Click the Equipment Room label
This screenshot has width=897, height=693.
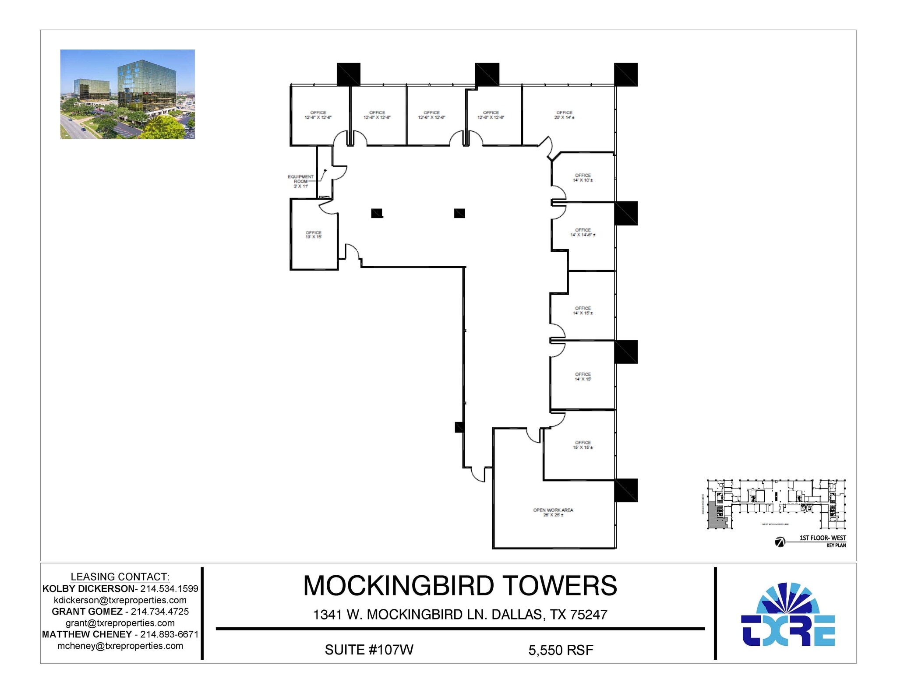pos(300,181)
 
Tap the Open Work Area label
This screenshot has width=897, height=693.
pos(553,512)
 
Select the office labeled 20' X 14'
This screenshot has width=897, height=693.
pos(564,115)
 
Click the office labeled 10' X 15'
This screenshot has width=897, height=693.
pos(313,235)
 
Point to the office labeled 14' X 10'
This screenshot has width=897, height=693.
pos(583,178)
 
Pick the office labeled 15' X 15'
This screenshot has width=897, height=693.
pos(583,445)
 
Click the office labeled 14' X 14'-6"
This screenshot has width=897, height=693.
pos(583,232)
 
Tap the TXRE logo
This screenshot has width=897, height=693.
pos(788,615)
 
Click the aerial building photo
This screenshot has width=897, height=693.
pos(127,94)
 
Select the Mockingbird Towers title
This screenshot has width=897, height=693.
pos(460,586)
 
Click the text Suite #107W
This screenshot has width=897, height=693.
pos(369,650)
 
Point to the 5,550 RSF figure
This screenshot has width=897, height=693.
pos(561,650)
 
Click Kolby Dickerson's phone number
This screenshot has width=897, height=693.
pos(169,589)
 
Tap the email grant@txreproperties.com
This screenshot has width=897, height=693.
pos(120,623)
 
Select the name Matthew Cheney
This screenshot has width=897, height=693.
pos(87,634)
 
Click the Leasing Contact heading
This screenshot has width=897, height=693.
pos(120,577)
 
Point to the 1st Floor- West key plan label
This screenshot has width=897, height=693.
pos(823,538)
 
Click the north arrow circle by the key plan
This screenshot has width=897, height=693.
pos(780,542)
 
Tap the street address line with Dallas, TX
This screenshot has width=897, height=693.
pos(460,615)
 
